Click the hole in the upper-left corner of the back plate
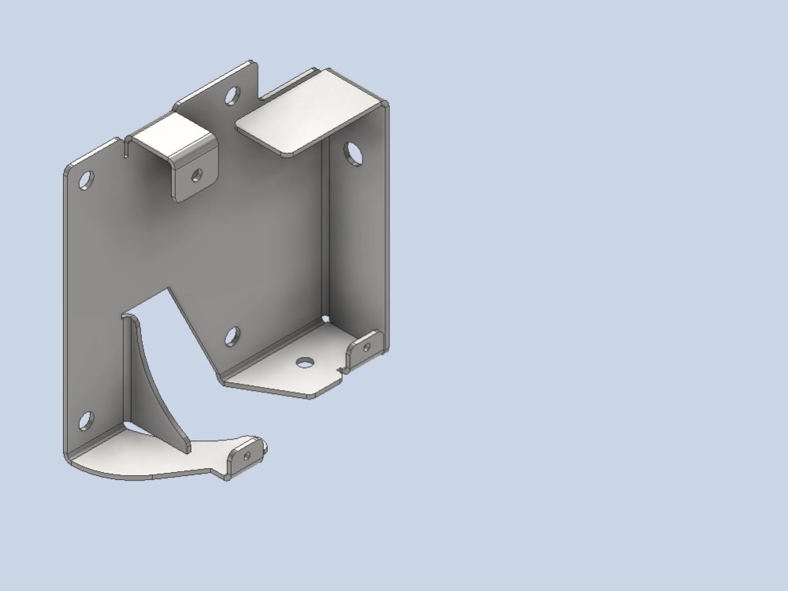coord(86,179)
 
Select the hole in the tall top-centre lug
coord(232,97)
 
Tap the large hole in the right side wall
coord(354,153)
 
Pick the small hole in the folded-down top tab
coord(196,175)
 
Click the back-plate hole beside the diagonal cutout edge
coord(232,336)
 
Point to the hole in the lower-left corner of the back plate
coord(86,421)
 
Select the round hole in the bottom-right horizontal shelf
coord(303,362)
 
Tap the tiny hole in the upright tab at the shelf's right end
coord(366,346)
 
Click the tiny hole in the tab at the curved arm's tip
coord(247,456)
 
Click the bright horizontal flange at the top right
coord(307,110)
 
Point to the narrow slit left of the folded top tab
coord(127,148)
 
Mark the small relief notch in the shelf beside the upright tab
coord(340,369)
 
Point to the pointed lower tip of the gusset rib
coord(187,449)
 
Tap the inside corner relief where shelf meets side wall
coord(325,318)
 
